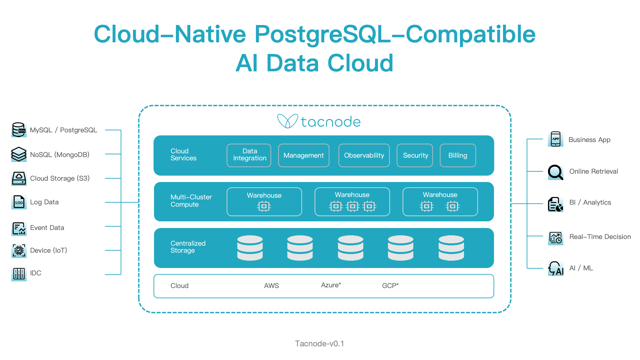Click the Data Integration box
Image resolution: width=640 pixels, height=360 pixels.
tap(249, 155)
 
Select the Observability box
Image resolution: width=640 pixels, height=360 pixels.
tap(364, 155)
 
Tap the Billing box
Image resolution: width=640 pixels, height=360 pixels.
tap(458, 155)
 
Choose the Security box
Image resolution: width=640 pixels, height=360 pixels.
tap(415, 155)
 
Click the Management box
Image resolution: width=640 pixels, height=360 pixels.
tap(304, 155)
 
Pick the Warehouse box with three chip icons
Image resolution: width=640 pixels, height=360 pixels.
tap(352, 202)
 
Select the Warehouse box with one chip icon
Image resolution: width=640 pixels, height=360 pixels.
tap(264, 202)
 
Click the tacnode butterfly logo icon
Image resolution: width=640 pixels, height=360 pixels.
tap(287, 121)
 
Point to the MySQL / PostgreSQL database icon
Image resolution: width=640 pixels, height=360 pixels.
tap(19, 130)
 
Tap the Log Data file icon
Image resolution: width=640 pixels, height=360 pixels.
tap(19, 202)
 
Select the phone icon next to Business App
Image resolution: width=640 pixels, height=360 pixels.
tap(556, 139)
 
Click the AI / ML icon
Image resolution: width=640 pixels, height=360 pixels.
tap(556, 268)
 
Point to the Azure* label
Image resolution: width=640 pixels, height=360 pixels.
tap(331, 285)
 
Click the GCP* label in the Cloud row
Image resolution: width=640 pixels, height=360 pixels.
tap(390, 286)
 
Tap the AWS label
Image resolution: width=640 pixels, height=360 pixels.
tap(271, 286)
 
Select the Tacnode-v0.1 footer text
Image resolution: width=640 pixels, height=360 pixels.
tap(319, 344)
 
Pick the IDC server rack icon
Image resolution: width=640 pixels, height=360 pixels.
tap(19, 274)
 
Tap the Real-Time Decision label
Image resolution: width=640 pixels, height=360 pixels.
tap(600, 237)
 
